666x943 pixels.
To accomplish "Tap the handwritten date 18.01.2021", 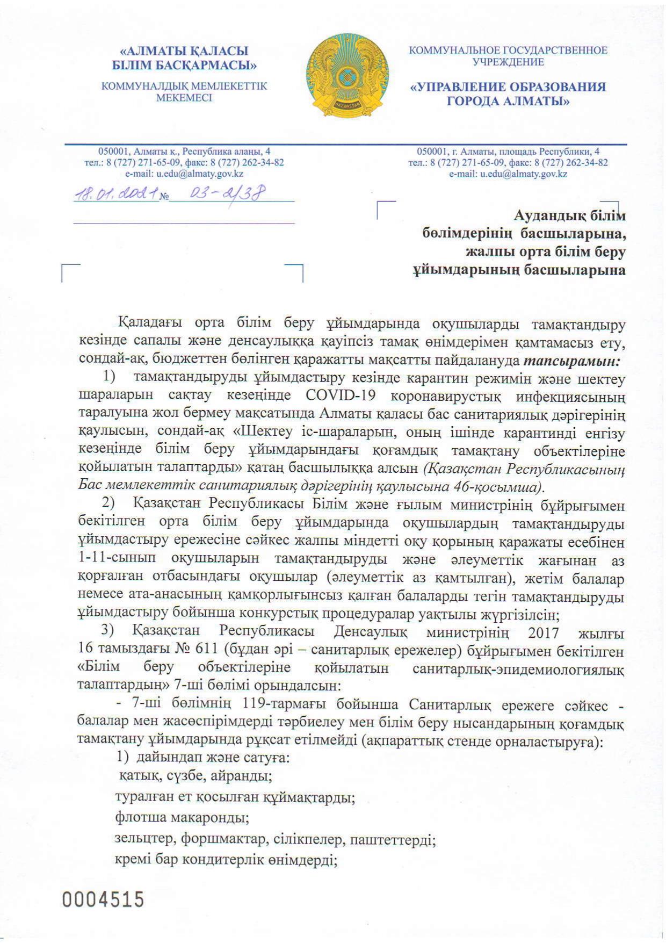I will point(117,193).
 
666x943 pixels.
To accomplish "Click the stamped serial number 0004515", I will point(104,899).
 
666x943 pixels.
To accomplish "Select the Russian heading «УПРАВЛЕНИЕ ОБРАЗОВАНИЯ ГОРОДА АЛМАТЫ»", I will point(508,94).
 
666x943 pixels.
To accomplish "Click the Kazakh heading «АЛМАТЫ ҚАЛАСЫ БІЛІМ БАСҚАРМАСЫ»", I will point(184,59).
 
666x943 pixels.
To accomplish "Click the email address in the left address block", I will point(184,174).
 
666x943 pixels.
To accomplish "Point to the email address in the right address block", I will point(508,174).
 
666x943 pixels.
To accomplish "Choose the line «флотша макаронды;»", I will point(182,818).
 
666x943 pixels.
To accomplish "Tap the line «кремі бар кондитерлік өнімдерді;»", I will point(226,860).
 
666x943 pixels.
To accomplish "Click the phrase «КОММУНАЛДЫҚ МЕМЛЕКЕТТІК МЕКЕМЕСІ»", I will point(184,92).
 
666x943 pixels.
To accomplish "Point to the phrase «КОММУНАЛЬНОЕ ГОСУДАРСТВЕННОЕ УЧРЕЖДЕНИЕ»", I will point(508,56).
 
